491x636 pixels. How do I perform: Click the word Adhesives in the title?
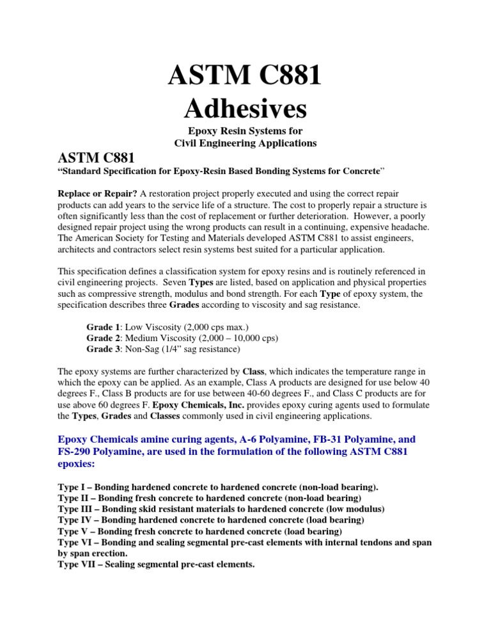point(245,109)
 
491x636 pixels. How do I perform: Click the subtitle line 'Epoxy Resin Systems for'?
point(245,132)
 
